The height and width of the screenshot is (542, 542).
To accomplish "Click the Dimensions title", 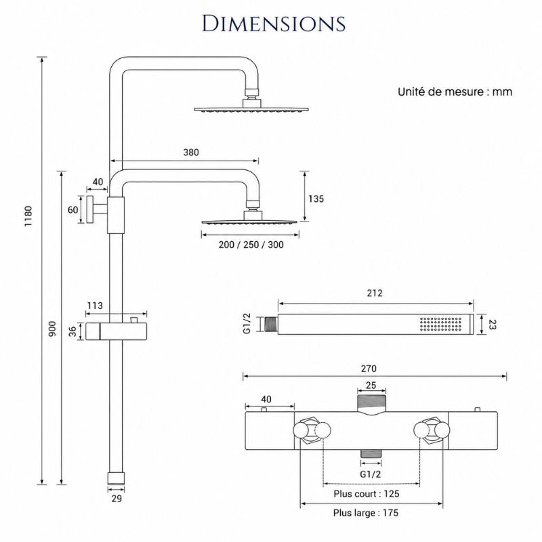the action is pyautogui.click(x=274, y=24).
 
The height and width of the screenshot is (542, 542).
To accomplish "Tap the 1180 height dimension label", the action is pyautogui.click(x=28, y=216).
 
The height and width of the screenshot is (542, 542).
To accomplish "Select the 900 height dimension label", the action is pyautogui.click(x=52, y=329).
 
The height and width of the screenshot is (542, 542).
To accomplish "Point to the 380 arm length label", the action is pyautogui.click(x=191, y=152).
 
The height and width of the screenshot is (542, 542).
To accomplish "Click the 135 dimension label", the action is pyautogui.click(x=316, y=199).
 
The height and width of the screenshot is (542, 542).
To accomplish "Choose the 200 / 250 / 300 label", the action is pyautogui.click(x=251, y=245).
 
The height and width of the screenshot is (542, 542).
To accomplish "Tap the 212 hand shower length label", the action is pyautogui.click(x=375, y=293).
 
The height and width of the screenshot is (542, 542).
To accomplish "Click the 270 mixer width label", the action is pyautogui.click(x=369, y=369).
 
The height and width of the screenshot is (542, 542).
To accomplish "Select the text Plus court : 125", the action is pyautogui.click(x=367, y=494).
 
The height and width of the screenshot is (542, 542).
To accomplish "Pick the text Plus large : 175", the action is pyautogui.click(x=366, y=513).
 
